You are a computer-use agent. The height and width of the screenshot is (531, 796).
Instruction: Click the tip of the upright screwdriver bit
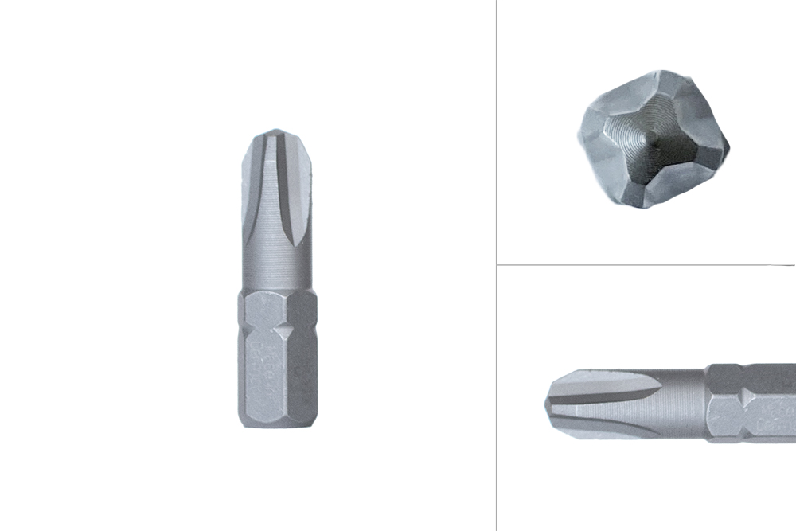pyautogui.click(x=276, y=131)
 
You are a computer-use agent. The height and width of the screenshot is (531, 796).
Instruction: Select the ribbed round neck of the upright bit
pyautogui.click(x=276, y=267)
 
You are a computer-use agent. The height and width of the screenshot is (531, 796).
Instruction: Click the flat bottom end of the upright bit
pyautogui.click(x=276, y=425)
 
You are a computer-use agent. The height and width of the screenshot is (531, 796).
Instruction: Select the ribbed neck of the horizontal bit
pyautogui.click(x=681, y=404)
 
